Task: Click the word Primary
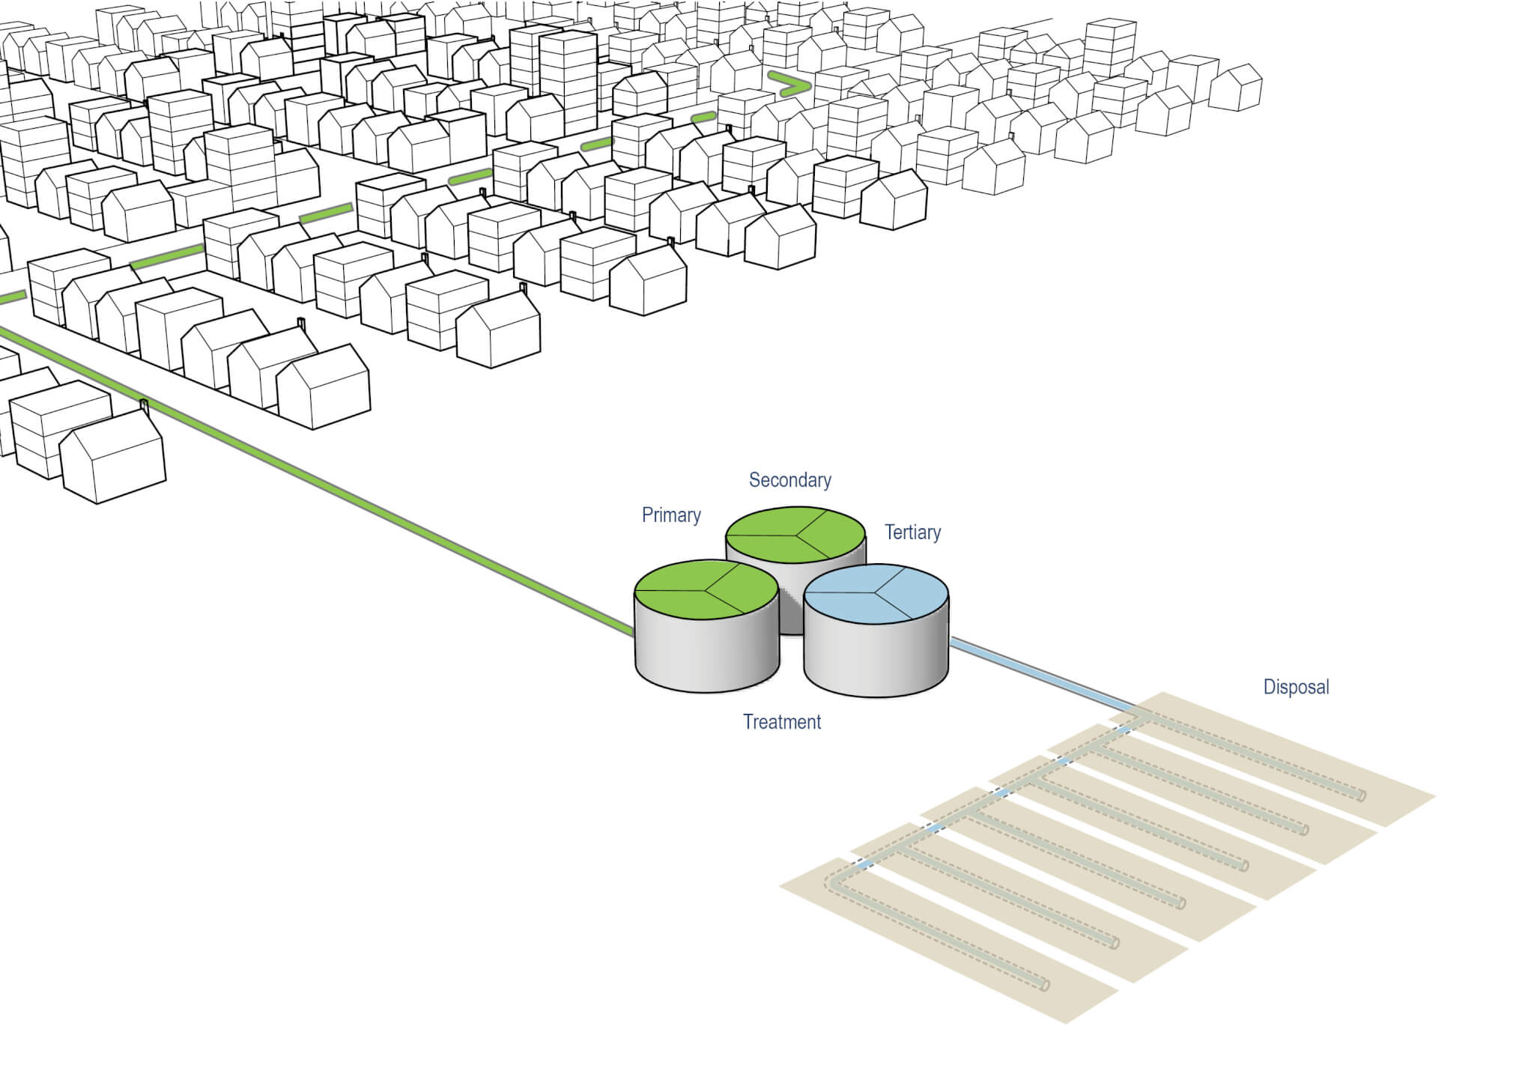pos(671,515)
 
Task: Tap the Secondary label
pos(789,480)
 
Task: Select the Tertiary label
pos(912,533)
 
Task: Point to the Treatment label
pos(781,722)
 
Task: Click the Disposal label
pos(1296,687)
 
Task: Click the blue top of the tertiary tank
pos(876,594)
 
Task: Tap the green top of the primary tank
pos(706,590)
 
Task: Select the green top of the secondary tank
pos(795,535)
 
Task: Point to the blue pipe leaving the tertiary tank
pos(1041,675)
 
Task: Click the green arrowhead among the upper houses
pos(794,85)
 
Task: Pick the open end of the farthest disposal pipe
pos(1362,796)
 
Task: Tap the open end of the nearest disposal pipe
pos(1046,986)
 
